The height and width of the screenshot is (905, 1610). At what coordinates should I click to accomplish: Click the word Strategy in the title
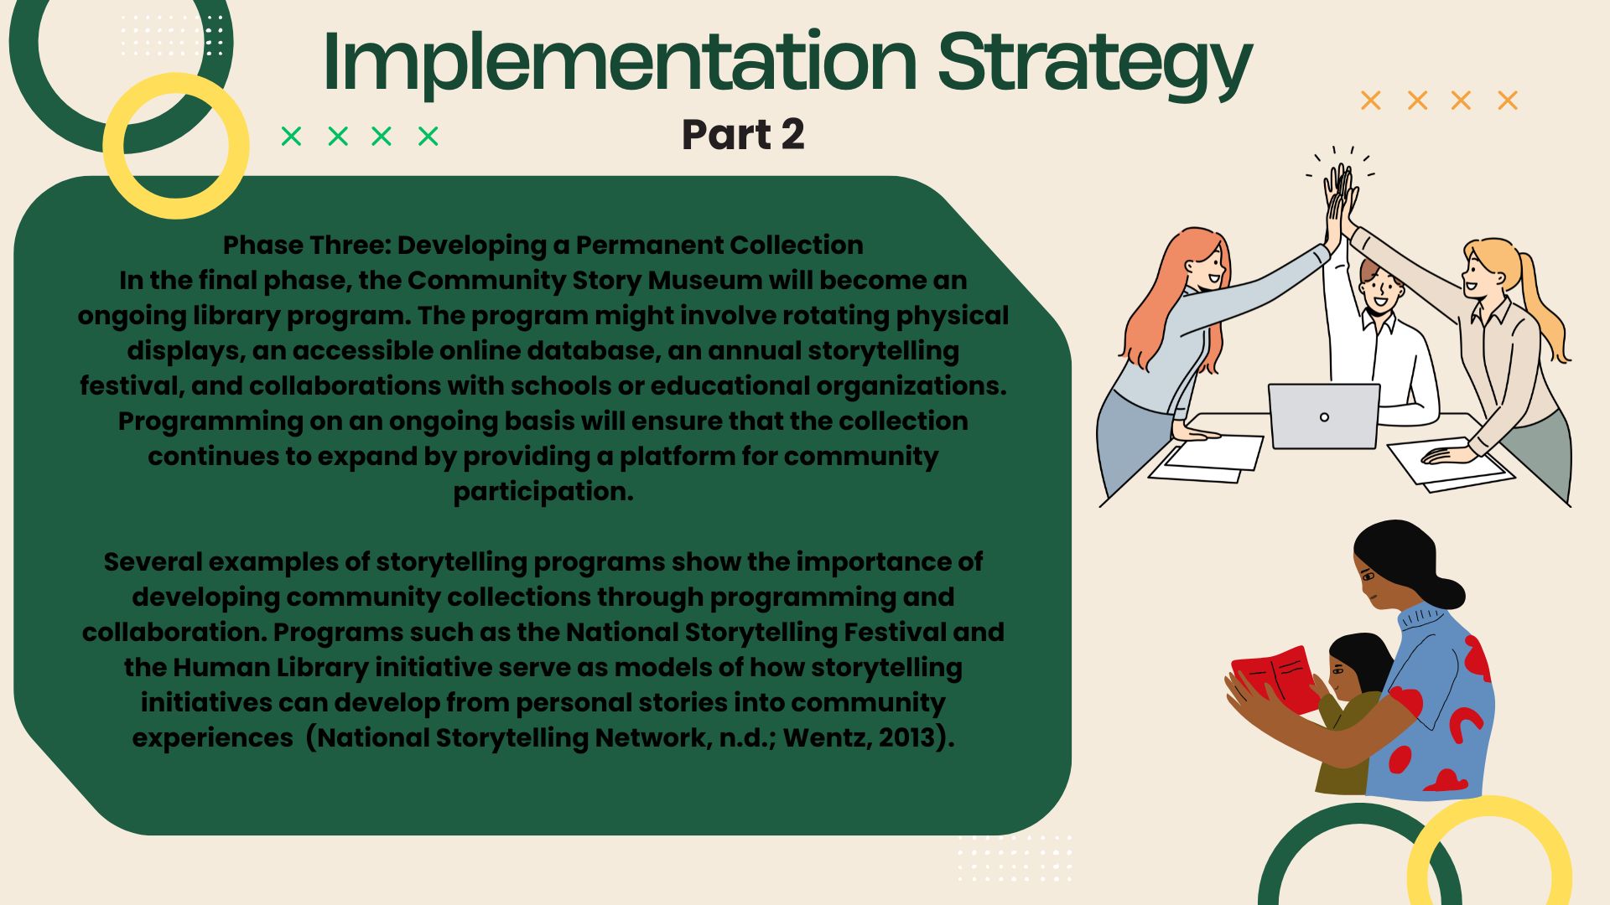tap(1094, 65)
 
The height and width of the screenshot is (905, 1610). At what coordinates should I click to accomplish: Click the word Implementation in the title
tap(620, 60)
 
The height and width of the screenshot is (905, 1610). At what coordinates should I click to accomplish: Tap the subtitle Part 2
tap(743, 135)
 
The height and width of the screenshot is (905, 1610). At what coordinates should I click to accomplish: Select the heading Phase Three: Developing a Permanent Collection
tap(543, 245)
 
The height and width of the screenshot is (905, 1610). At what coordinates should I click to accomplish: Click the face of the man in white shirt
tap(1380, 290)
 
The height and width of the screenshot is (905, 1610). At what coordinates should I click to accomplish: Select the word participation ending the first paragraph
tap(543, 492)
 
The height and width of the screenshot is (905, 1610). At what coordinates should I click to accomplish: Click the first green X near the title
tap(291, 136)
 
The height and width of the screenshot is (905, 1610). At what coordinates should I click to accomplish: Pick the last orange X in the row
tap(1508, 101)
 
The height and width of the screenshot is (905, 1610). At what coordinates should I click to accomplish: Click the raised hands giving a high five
tap(1341, 197)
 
